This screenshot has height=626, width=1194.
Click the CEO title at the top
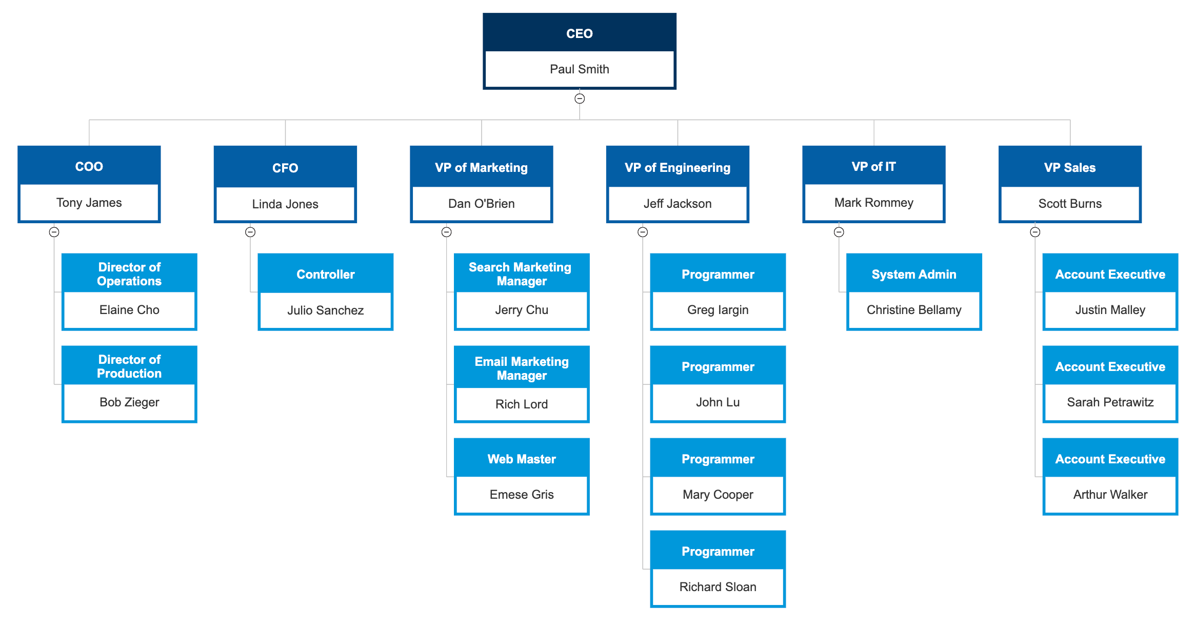(579, 34)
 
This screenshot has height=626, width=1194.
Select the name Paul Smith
(579, 69)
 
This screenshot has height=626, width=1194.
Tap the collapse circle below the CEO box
(580, 99)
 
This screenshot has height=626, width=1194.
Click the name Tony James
(89, 203)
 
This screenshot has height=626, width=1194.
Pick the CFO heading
(285, 168)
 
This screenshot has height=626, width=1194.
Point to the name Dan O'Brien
(481, 204)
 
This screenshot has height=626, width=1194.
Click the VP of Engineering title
(677, 168)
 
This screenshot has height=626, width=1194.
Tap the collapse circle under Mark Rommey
(839, 232)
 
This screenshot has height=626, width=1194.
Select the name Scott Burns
(1070, 204)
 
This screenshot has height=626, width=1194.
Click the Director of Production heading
(129, 366)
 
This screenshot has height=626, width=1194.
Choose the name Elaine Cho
(129, 310)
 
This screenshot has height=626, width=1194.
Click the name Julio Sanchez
(325, 310)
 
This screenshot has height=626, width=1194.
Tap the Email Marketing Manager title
(522, 368)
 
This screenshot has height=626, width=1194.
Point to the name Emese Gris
(522, 495)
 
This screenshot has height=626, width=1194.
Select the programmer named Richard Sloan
(718, 587)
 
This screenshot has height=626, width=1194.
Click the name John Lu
(718, 402)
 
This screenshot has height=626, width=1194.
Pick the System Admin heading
(914, 275)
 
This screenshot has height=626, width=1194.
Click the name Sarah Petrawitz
(1110, 402)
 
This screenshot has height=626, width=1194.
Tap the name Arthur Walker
(1110, 495)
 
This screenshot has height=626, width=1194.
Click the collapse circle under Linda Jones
(250, 232)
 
